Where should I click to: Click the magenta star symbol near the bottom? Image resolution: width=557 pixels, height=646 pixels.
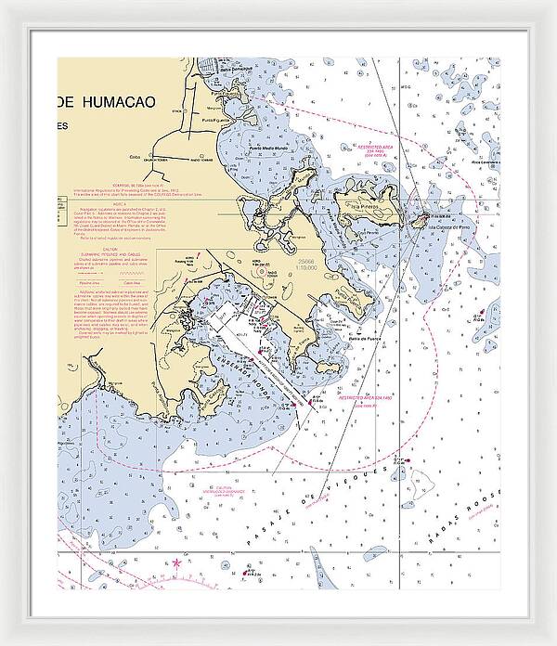[176, 562]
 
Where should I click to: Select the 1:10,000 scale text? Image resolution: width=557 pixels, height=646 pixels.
[283, 269]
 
